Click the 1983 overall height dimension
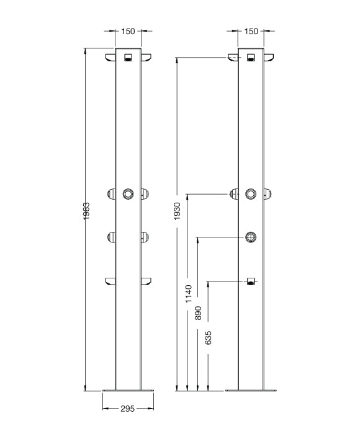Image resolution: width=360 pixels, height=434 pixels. click(x=86, y=211)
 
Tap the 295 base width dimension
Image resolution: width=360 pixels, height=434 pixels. click(x=127, y=409)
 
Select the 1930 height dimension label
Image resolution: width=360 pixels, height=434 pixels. click(x=177, y=211)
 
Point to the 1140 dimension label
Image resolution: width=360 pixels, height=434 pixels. click(x=189, y=294)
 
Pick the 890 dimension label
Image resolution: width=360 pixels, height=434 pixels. click(x=198, y=313)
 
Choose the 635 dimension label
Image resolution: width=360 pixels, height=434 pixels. click(x=208, y=338)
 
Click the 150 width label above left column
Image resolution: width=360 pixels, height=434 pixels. click(x=128, y=31)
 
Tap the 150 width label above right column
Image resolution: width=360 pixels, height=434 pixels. click(x=251, y=31)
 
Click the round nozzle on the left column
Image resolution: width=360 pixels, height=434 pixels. click(x=128, y=193)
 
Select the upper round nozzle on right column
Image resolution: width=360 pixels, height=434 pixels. click(x=251, y=193)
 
